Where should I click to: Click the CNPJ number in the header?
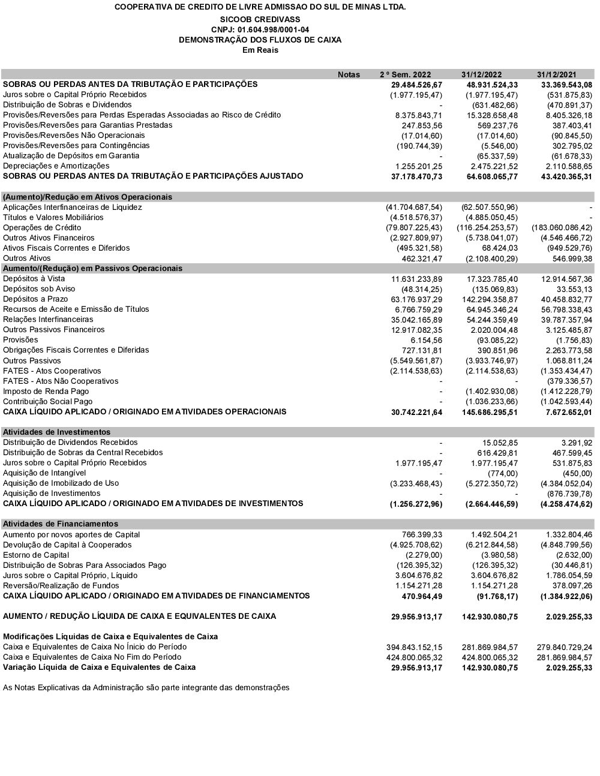260,29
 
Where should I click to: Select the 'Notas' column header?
349,74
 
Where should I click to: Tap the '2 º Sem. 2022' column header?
405,74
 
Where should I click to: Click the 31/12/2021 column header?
556,74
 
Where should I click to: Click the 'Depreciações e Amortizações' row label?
56,166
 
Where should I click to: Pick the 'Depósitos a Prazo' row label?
35,299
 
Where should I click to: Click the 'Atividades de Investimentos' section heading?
56,432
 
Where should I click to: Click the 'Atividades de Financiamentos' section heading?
61,524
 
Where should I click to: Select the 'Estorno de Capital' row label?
36,555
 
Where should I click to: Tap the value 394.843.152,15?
414,647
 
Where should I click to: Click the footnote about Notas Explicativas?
146,688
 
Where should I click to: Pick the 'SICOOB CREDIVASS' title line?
260,19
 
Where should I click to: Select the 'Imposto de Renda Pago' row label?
46,392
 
